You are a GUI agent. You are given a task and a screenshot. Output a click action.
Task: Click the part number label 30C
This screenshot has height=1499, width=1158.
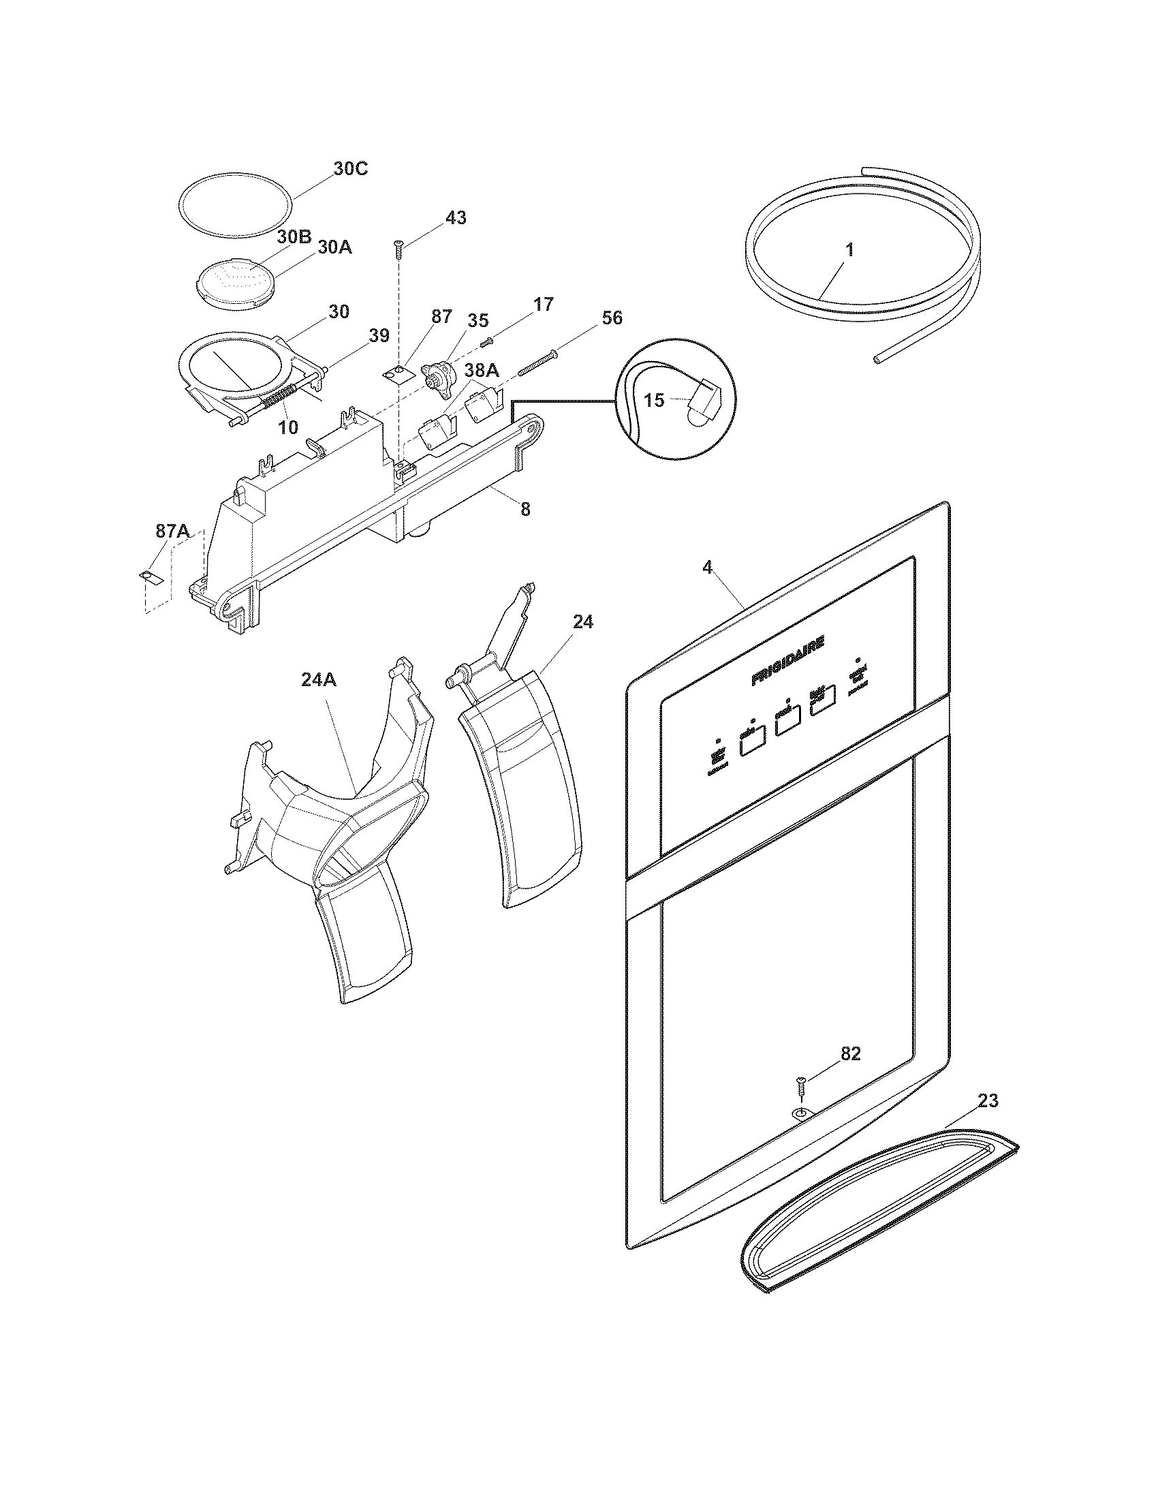(350, 168)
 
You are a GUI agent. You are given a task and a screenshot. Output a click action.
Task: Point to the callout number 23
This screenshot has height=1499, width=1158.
(988, 1100)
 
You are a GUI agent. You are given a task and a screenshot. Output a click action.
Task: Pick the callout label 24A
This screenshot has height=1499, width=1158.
(319, 679)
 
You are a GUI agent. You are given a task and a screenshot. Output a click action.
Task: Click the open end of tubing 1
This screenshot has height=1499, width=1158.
(879, 359)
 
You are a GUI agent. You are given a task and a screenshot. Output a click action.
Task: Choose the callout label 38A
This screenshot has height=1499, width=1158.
(482, 371)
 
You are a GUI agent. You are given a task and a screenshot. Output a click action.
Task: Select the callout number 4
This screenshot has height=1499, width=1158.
(708, 567)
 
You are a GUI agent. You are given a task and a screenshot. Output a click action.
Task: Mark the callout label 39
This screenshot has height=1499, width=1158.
(379, 336)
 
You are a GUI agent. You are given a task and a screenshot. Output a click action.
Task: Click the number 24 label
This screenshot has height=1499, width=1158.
(583, 622)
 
